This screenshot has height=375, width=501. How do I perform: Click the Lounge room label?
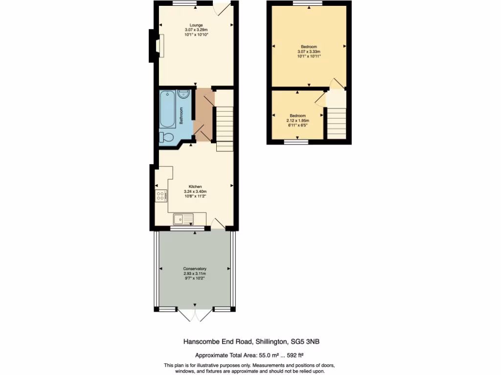tap(196, 25)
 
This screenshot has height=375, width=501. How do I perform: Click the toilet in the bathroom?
tap(166, 137)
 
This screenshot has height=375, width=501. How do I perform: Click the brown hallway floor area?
tap(203, 115)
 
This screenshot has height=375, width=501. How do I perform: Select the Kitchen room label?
tap(195, 187)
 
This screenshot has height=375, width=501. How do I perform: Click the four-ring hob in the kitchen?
tap(160, 196)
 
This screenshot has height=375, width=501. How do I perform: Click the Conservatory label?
tap(195, 269)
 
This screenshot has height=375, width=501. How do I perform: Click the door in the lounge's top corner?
tap(222, 10)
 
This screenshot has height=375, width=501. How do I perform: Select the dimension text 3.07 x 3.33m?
tap(309, 52)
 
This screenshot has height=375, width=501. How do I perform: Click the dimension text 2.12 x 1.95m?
tap(297, 121)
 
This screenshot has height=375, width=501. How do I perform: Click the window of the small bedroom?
tap(297, 142)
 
